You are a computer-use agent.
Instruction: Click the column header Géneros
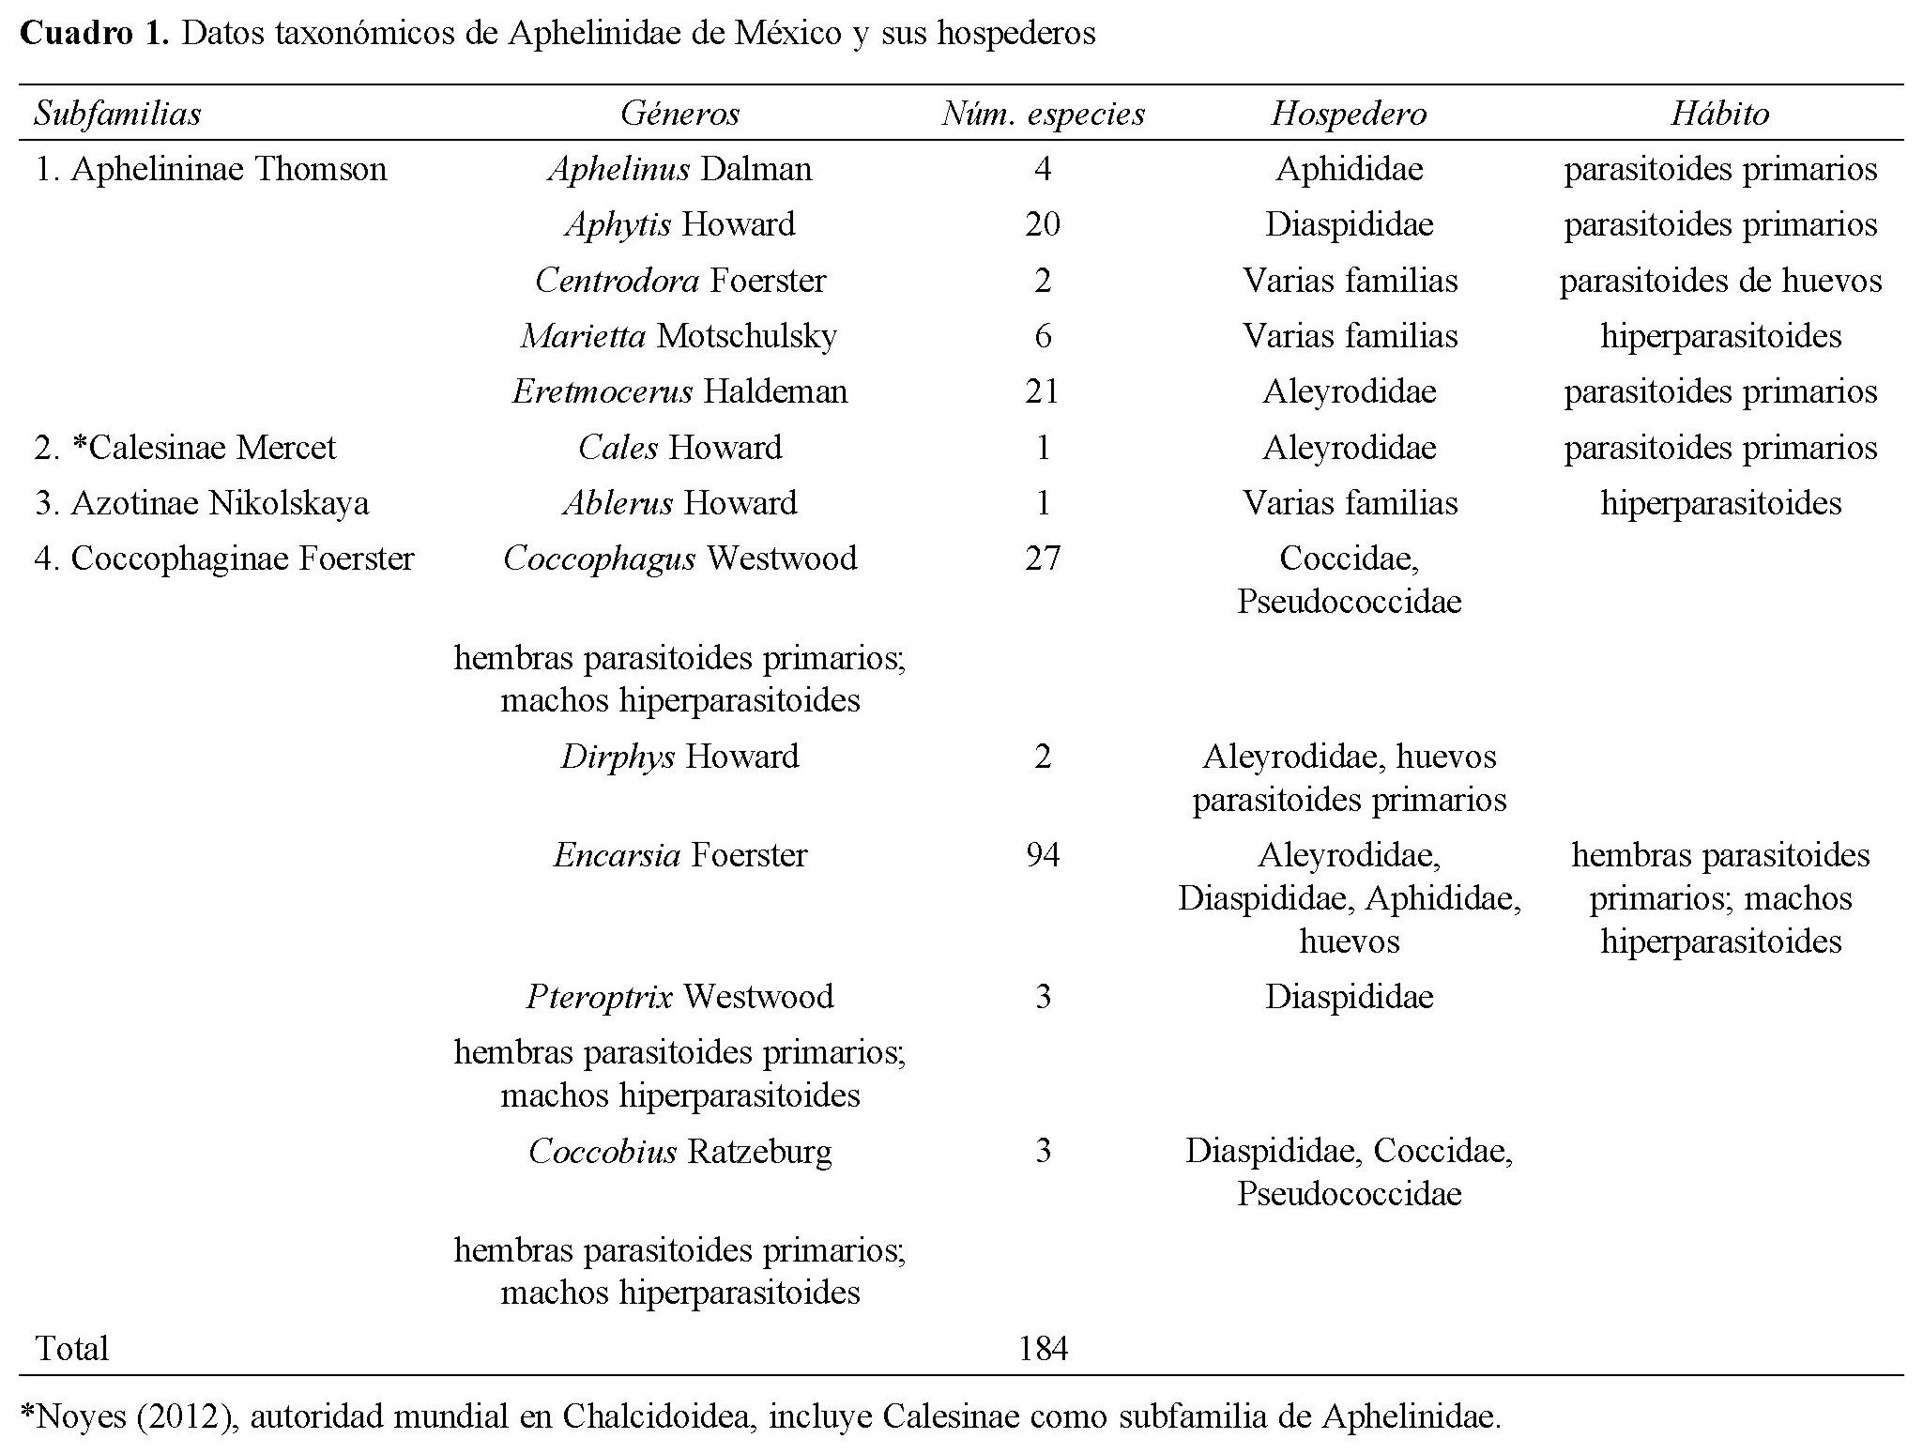pyautogui.click(x=679, y=114)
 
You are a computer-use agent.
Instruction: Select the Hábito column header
pyautogui.click(x=1719, y=114)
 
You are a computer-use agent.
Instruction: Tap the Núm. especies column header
pyautogui.click(x=1043, y=114)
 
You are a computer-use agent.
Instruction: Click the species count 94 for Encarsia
pyautogui.click(x=1043, y=855)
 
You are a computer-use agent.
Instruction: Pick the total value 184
pyautogui.click(x=1043, y=1349)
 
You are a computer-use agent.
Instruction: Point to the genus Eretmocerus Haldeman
pyautogui.click(x=679, y=391)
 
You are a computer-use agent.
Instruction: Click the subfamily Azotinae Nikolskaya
pyautogui.click(x=202, y=503)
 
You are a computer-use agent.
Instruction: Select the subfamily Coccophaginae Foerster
pyautogui.click(x=224, y=559)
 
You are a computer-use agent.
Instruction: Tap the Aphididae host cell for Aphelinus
pyautogui.click(x=1349, y=169)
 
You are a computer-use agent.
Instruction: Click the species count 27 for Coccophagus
pyautogui.click(x=1043, y=559)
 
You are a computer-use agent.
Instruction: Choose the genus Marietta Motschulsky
pyautogui.click(x=679, y=336)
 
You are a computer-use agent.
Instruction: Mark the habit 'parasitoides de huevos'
pyautogui.click(x=1719, y=281)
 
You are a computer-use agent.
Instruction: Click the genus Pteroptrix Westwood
pyautogui.click(x=679, y=996)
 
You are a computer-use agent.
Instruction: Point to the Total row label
pyautogui.click(x=72, y=1349)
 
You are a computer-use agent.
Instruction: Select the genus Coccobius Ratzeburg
pyautogui.click(x=679, y=1151)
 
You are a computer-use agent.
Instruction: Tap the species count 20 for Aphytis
pyautogui.click(x=1043, y=224)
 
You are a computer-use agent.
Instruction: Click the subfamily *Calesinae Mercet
pyautogui.click(x=186, y=448)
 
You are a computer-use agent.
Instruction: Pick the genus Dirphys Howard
pyautogui.click(x=679, y=757)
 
